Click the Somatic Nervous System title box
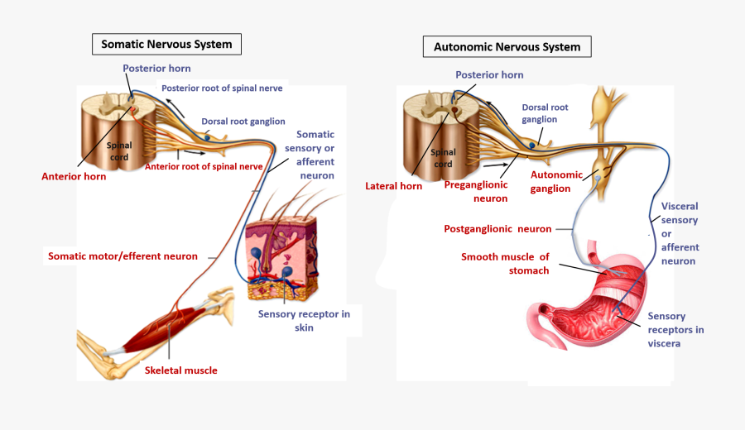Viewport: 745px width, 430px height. [166, 44]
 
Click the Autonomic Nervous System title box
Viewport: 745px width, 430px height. [507, 46]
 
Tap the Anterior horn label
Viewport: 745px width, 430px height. [74, 176]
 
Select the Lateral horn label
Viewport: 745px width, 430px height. [393, 186]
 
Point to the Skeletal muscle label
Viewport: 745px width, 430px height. [181, 370]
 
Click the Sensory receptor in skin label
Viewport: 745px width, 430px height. [304, 321]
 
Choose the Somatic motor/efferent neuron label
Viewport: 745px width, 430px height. [123, 256]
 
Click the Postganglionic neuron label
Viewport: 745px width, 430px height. [497, 228]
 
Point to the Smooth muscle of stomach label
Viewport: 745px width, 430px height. [505, 263]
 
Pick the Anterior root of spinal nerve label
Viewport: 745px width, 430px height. [204, 166]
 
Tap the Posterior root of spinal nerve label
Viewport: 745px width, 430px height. [222, 88]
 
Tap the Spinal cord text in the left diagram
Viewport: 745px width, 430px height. [119, 151]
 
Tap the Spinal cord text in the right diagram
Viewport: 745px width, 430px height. [443, 158]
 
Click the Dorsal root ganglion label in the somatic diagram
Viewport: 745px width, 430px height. [243, 122]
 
